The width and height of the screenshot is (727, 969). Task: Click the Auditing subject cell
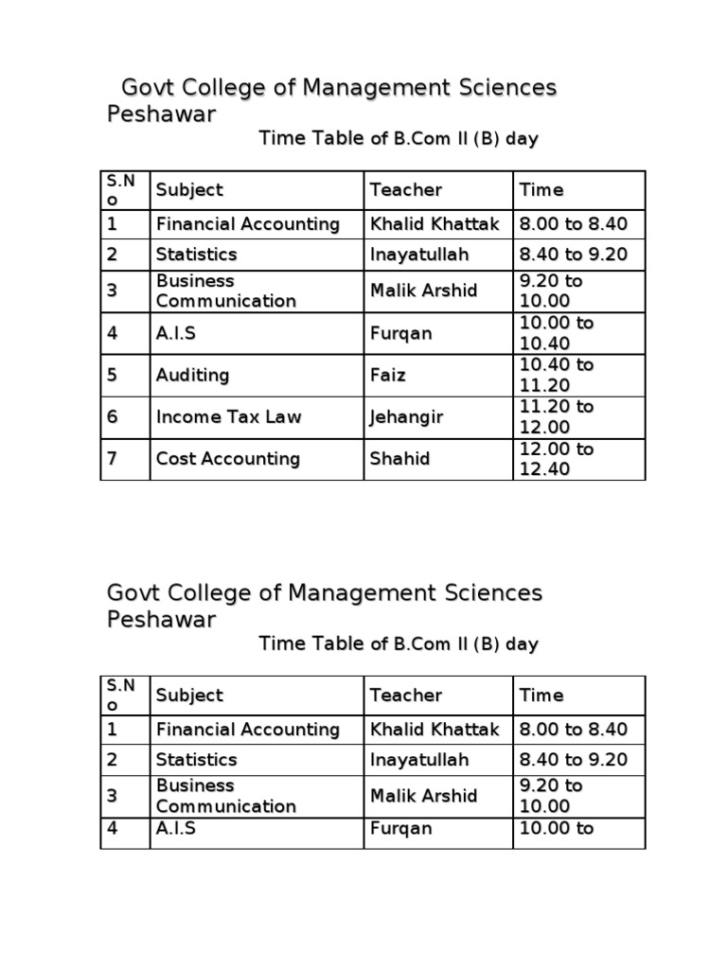click(192, 376)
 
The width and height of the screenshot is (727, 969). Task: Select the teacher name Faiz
click(387, 376)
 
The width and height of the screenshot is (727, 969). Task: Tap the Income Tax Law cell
click(228, 417)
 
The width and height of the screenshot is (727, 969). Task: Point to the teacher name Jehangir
click(406, 417)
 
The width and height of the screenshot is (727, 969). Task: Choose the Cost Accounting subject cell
click(227, 459)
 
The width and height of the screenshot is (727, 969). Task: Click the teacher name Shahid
click(399, 459)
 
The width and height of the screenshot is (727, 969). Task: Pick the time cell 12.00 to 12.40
click(557, 459)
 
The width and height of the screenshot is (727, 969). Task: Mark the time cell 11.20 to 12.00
click(557, 417)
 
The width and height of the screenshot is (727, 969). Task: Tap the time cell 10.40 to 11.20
click(557, 376)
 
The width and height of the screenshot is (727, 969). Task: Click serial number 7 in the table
click(112, 459)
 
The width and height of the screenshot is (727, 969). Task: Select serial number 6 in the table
click(112, 417)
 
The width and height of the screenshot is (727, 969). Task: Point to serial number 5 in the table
click(112, 376)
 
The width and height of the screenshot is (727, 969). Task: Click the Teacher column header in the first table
click(405, 190)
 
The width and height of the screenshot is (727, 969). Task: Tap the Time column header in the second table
click(541, 696)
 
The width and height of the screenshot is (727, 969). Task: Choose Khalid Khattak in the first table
click(434, 224)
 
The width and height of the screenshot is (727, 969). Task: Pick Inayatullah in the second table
click(418, 760)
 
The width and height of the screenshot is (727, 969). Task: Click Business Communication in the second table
click(225, 796)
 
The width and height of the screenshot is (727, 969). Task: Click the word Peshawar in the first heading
click(161, 115)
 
